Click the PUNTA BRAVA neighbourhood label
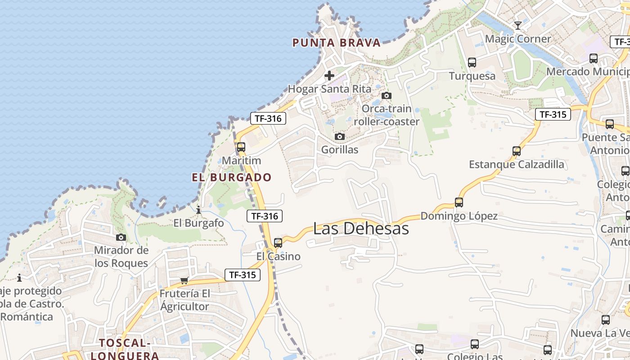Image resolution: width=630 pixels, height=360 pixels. (x=337, y=43)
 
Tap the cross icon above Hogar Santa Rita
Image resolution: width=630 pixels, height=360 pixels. (x=329, y=76)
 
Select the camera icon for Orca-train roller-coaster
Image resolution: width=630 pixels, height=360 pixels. (x=386, y=95)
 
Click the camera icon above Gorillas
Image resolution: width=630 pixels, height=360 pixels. (x=340, y=136)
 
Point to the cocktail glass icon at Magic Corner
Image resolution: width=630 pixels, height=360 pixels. (x=518, y=25)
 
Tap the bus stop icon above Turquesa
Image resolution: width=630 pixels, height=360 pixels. (x=472, y=63)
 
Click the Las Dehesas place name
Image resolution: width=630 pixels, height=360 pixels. (x=361, y=228)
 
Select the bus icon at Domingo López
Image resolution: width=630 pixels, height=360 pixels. (x=459, y=202)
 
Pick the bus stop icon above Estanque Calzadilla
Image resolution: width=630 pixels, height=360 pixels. (x=517, y=151)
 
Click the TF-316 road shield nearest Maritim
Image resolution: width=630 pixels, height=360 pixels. (x=268, y=119)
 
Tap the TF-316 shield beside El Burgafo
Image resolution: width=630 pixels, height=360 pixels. (x=265, y=216)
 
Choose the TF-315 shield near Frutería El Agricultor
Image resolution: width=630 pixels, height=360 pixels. (x=243, y=274)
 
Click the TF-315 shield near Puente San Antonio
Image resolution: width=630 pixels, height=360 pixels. (x=553, y=114)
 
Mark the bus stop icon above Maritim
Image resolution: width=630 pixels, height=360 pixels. (x=241, y=147)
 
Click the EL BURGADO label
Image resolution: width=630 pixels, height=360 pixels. (x=232, y=177)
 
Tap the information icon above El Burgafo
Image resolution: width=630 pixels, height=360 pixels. (x=198, y=210)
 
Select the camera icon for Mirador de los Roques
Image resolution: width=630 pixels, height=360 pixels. (x=121, y=237)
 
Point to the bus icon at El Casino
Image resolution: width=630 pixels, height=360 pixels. (x=278, y=243)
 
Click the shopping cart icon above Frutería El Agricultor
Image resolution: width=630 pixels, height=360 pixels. (x=184, y=281)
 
